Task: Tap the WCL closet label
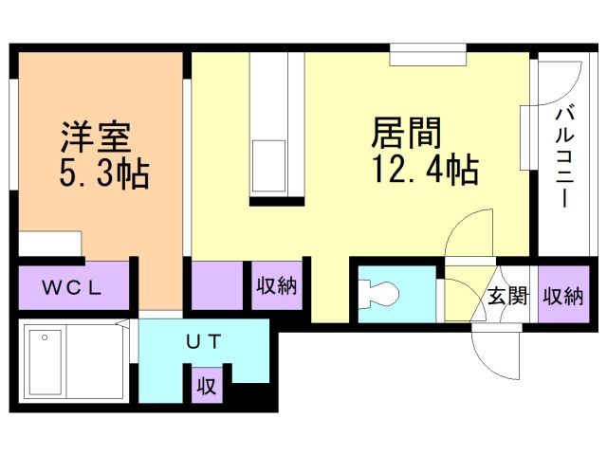click(72, 286)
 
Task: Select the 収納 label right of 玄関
click(562, 297)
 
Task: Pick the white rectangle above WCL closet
click(50, 246)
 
